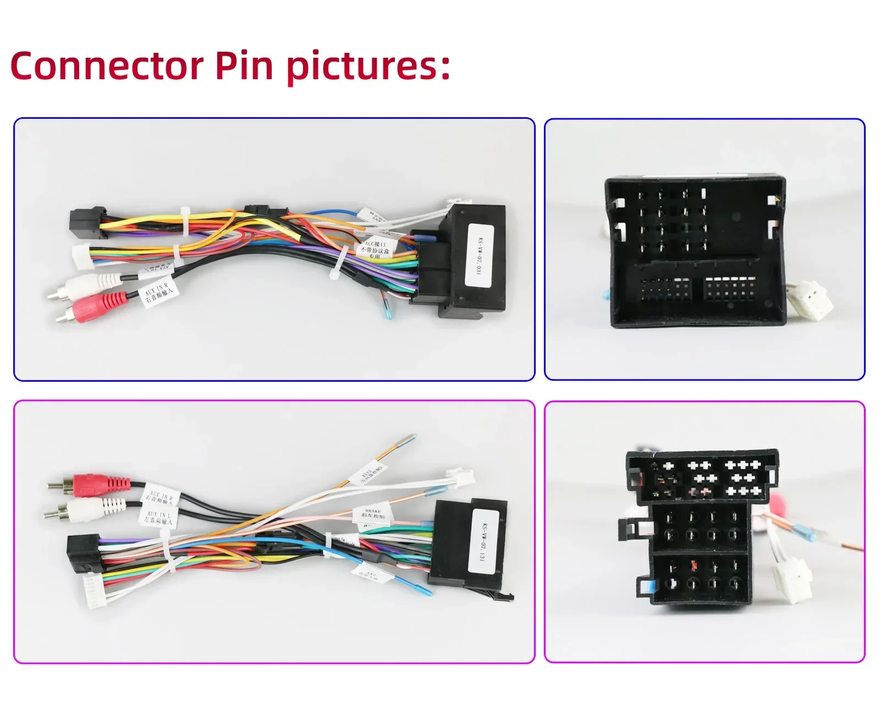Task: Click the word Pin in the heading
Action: (x=244, y=66)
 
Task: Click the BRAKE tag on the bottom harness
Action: (x=373, y=513)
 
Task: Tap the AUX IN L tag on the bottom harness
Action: (x=159, y=518)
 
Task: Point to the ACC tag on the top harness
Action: (x=375, y=248)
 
